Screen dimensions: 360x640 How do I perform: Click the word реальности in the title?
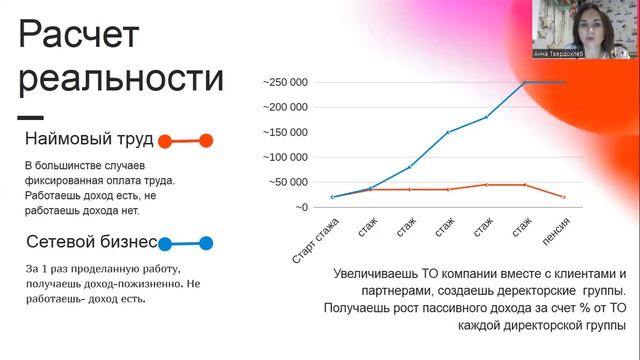click(121, 78)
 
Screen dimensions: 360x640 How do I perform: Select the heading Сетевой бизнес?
click(91, 242)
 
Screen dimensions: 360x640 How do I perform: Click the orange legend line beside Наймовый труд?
click(185, 141)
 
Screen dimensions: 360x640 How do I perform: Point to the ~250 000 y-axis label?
click(286, 82)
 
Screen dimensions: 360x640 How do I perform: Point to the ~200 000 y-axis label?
click(286, 107)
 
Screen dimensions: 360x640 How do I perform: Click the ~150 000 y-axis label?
click(286, 132)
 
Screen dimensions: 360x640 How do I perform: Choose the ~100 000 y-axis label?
click(286, 157)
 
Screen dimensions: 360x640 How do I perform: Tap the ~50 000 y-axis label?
click(288, 182)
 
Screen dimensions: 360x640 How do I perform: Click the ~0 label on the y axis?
click(300, 207)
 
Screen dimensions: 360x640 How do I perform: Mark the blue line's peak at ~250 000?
click(524, 82)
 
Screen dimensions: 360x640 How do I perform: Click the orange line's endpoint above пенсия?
click(565, 197)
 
